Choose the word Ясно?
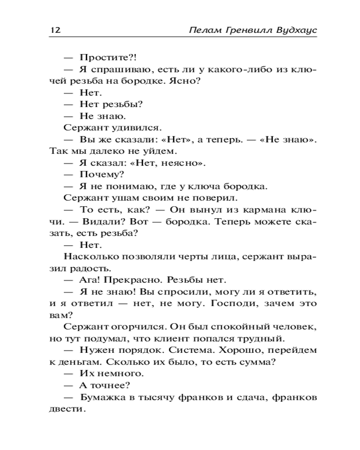(x=184, y=81)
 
